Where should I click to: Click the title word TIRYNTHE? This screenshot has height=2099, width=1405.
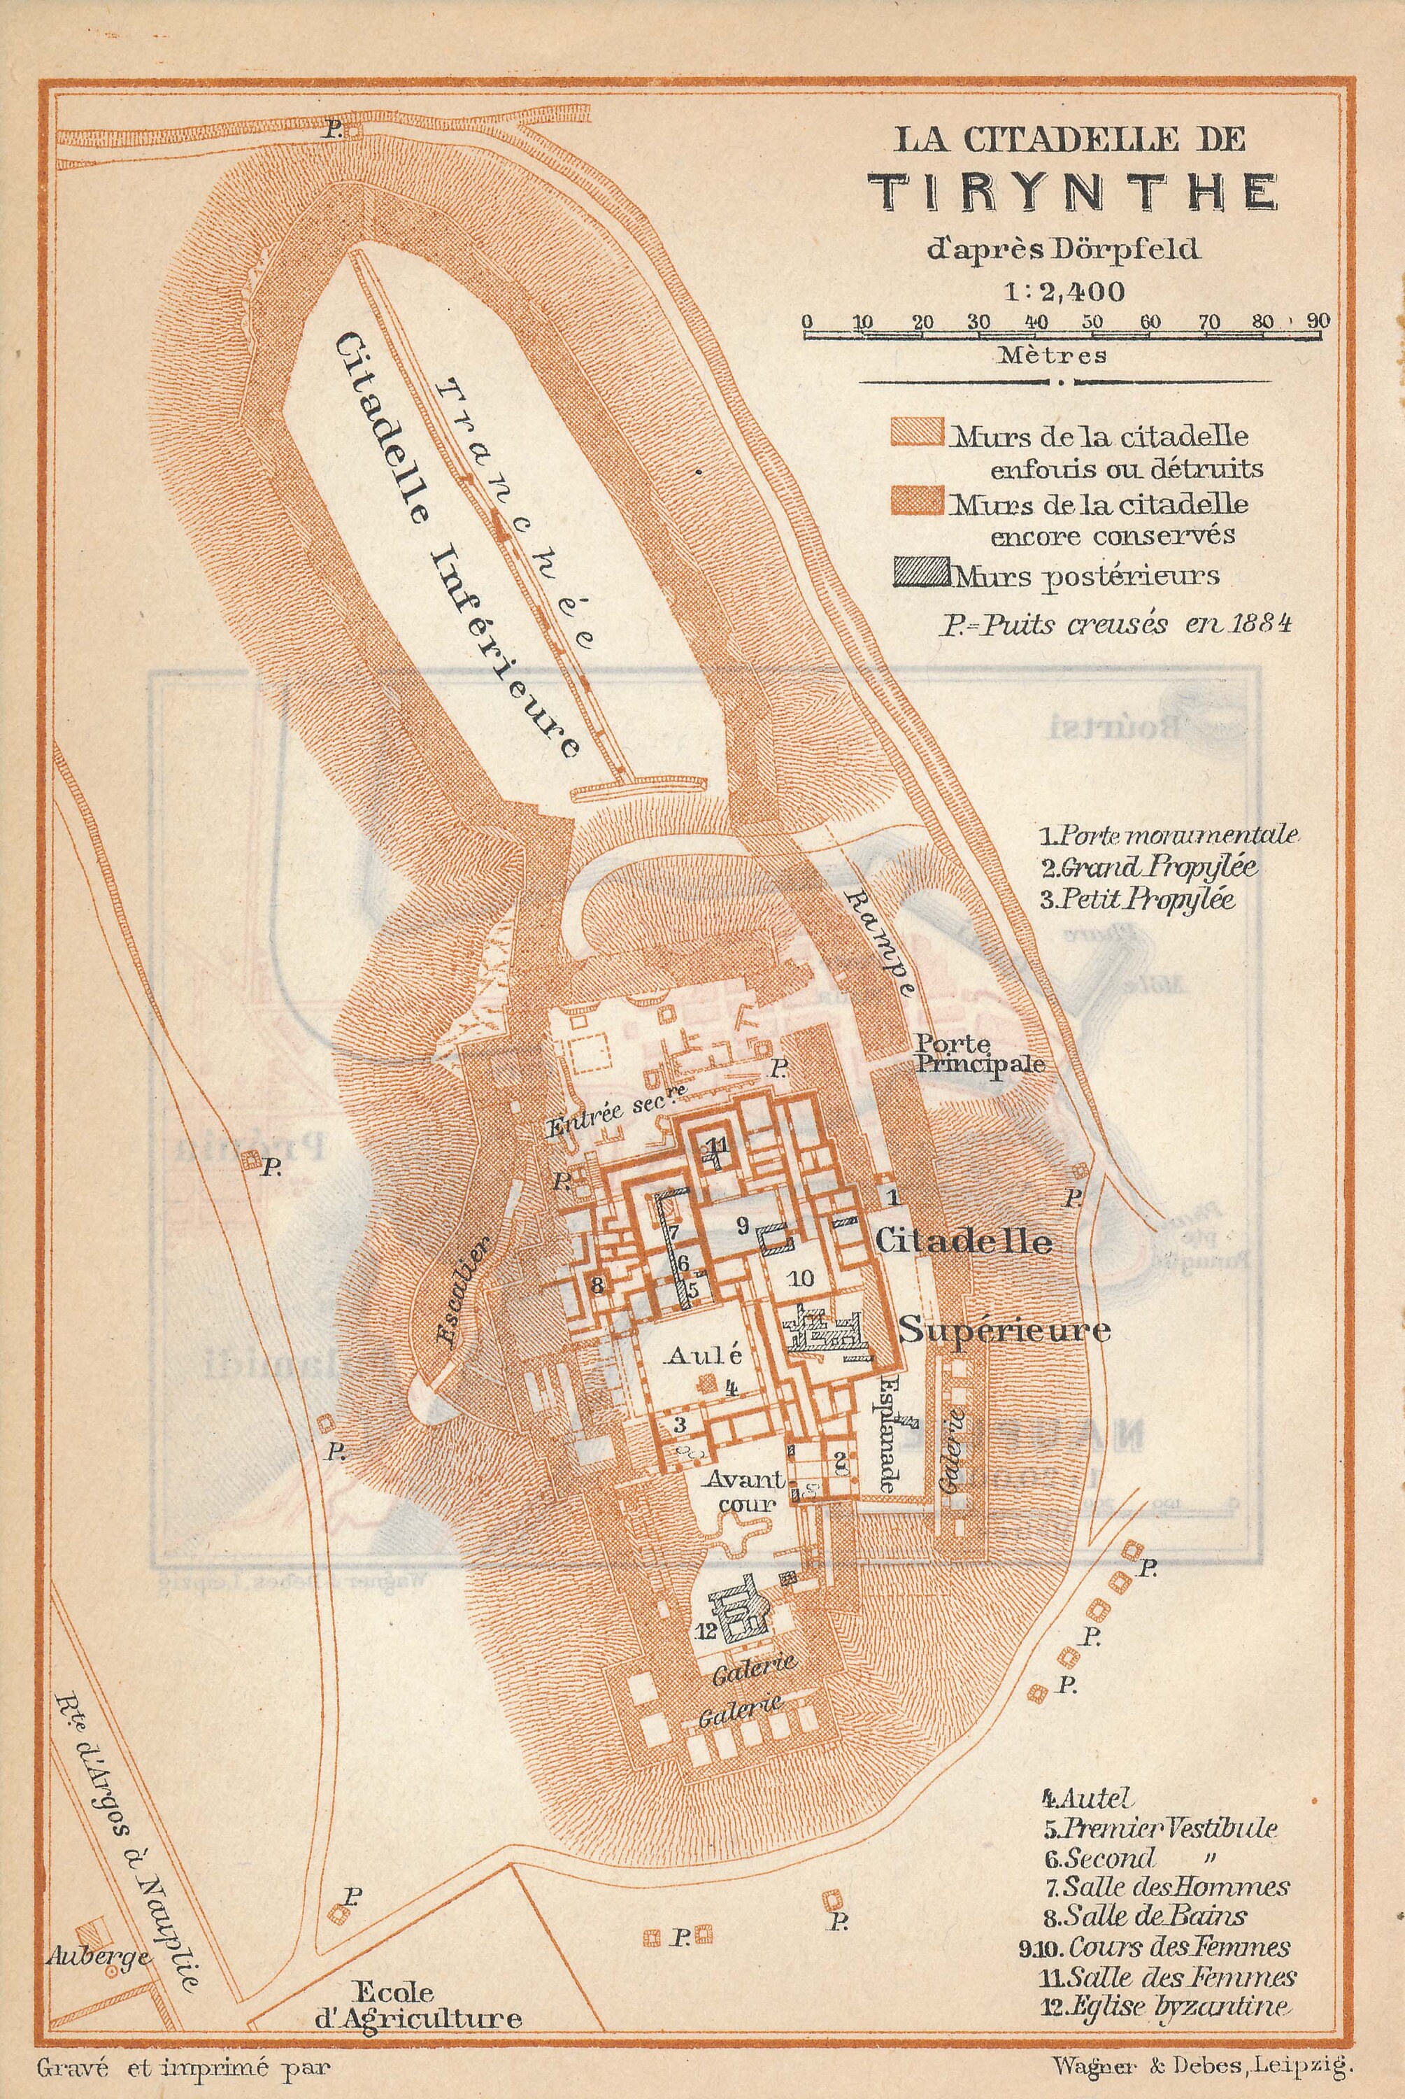point(1076,191)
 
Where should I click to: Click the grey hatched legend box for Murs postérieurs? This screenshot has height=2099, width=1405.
point(921,574)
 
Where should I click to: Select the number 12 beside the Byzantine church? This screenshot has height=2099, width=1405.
point(706,1632)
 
